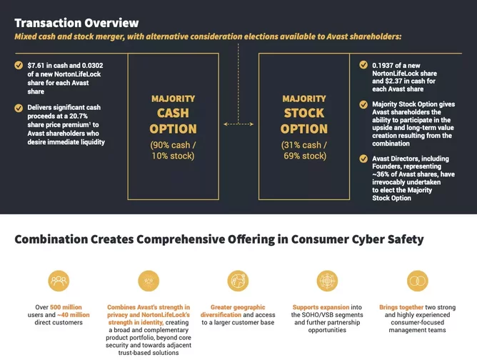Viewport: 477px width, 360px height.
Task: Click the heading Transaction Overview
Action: [x=76, y=23]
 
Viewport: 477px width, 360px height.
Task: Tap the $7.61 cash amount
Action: [x=36, y=66]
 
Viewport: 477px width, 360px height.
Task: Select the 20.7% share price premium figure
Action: [x=79, y=116]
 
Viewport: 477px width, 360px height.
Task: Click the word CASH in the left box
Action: [x=173, y=113]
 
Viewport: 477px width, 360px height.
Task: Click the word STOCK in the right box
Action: [x=304, y=113]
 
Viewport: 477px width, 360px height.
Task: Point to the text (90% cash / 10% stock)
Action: [x=173, y=150]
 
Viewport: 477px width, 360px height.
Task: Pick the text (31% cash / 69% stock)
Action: [x=304, y=150]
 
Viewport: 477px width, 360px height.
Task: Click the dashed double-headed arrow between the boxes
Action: [x=239, y=124]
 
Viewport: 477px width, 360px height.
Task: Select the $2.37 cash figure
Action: [x=393, y=81]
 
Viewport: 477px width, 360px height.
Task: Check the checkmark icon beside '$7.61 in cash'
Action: [x=19, y=66]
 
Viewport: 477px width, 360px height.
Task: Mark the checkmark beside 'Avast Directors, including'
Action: [x=363, y=159]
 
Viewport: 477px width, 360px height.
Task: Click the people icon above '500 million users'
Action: [x=59, y=281]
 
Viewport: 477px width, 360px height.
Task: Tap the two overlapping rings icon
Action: [x=417, y=281]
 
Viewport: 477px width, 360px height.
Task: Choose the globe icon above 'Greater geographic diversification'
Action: [x=238, y=281]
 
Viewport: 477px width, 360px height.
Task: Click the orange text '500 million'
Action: [x=66, y=307]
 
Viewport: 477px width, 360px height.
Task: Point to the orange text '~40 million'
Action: [x=74, y=315]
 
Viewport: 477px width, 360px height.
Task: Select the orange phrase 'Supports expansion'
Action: [x=321, y=307]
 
